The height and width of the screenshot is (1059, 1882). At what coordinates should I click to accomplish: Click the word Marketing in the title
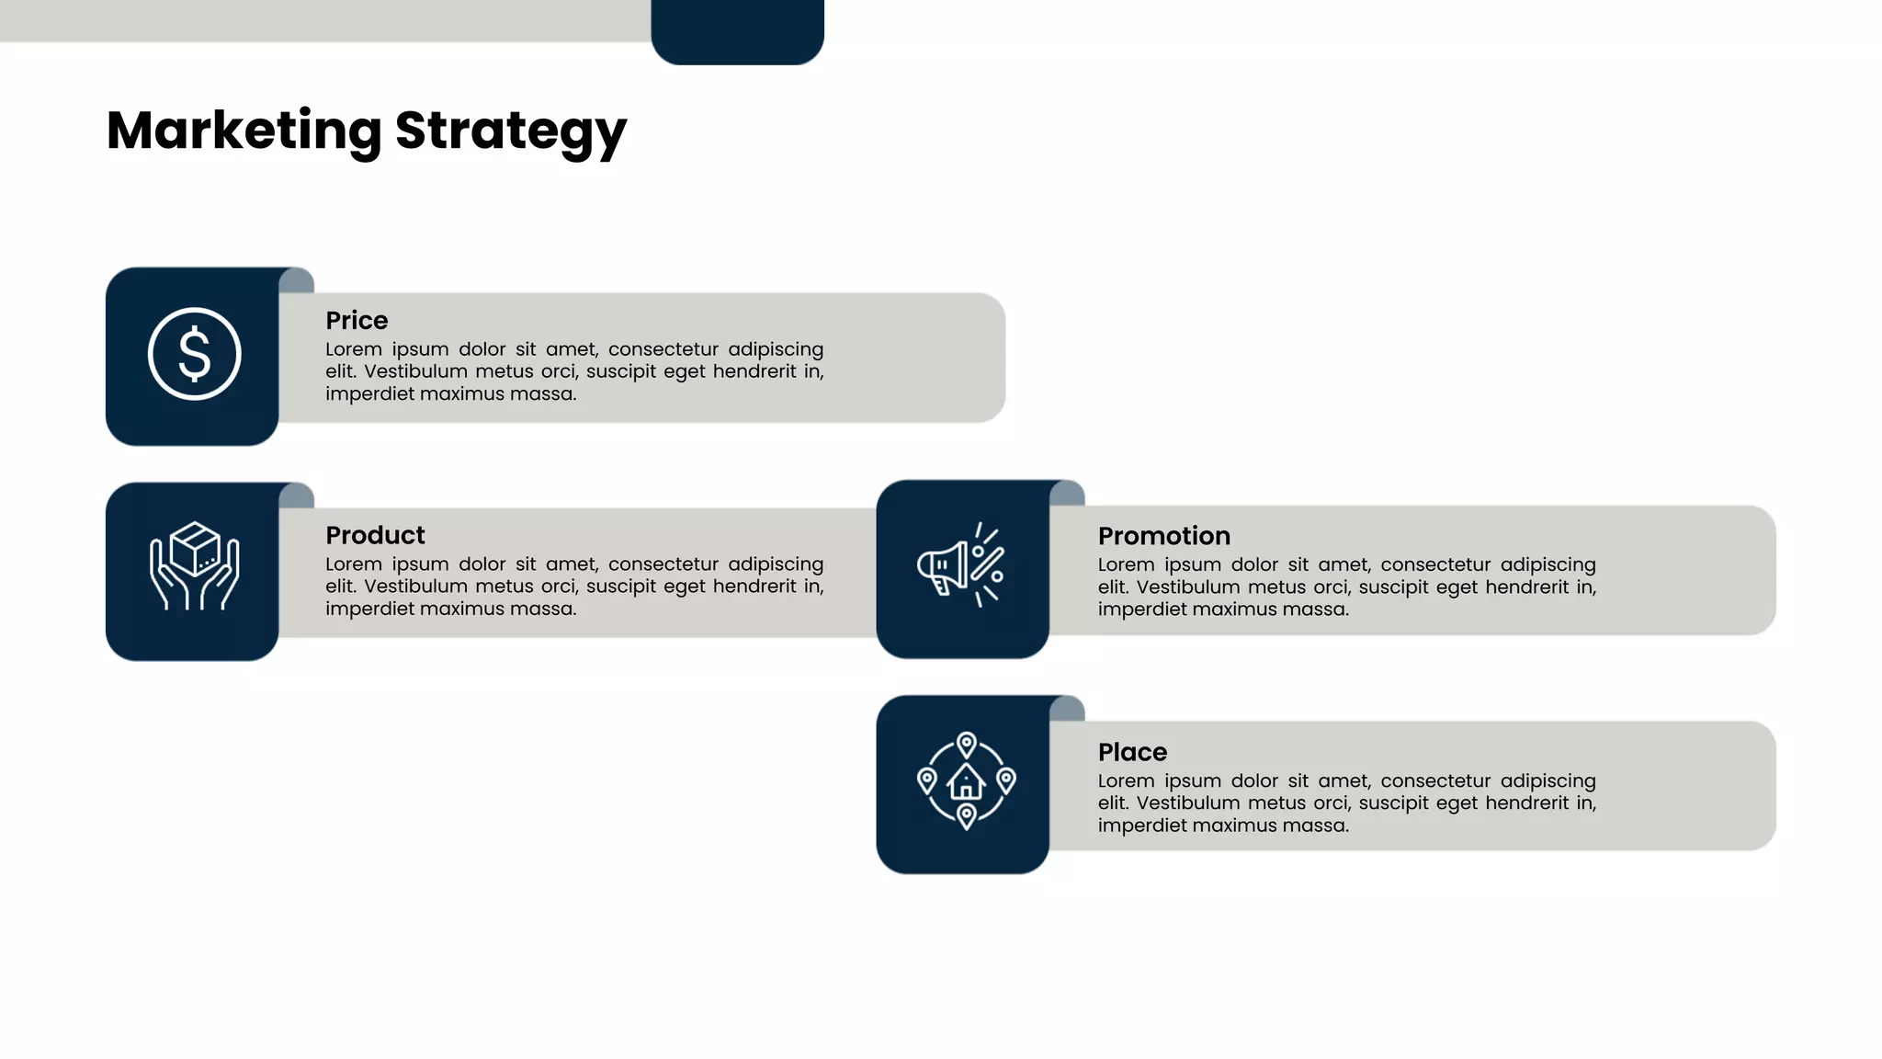click(244, 130)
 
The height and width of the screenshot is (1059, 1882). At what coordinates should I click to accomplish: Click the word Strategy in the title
click(510, 131)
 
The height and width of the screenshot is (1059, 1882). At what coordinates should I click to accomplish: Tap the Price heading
click(357, 320)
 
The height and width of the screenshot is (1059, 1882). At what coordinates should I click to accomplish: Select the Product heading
click(375, 535)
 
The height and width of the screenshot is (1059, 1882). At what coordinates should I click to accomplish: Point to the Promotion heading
click(1163, 536)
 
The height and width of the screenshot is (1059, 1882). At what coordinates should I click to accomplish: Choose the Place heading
click(1132, 752)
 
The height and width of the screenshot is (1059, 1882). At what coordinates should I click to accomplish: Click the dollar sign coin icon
click(194, 354)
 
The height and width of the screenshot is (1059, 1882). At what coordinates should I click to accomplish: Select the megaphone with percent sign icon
click(960, 564)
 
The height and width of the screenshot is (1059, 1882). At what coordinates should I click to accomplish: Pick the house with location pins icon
click(966, 781)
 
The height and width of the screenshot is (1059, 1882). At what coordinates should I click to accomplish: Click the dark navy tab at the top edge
click(737, 29)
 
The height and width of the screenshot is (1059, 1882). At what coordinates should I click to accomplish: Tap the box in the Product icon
click(195, 548)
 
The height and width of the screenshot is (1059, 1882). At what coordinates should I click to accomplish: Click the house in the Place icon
click(966, 782)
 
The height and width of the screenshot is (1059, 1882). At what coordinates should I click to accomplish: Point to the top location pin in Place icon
click(966, 744)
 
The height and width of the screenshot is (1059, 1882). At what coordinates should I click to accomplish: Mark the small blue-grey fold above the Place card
click(1068, 709)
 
